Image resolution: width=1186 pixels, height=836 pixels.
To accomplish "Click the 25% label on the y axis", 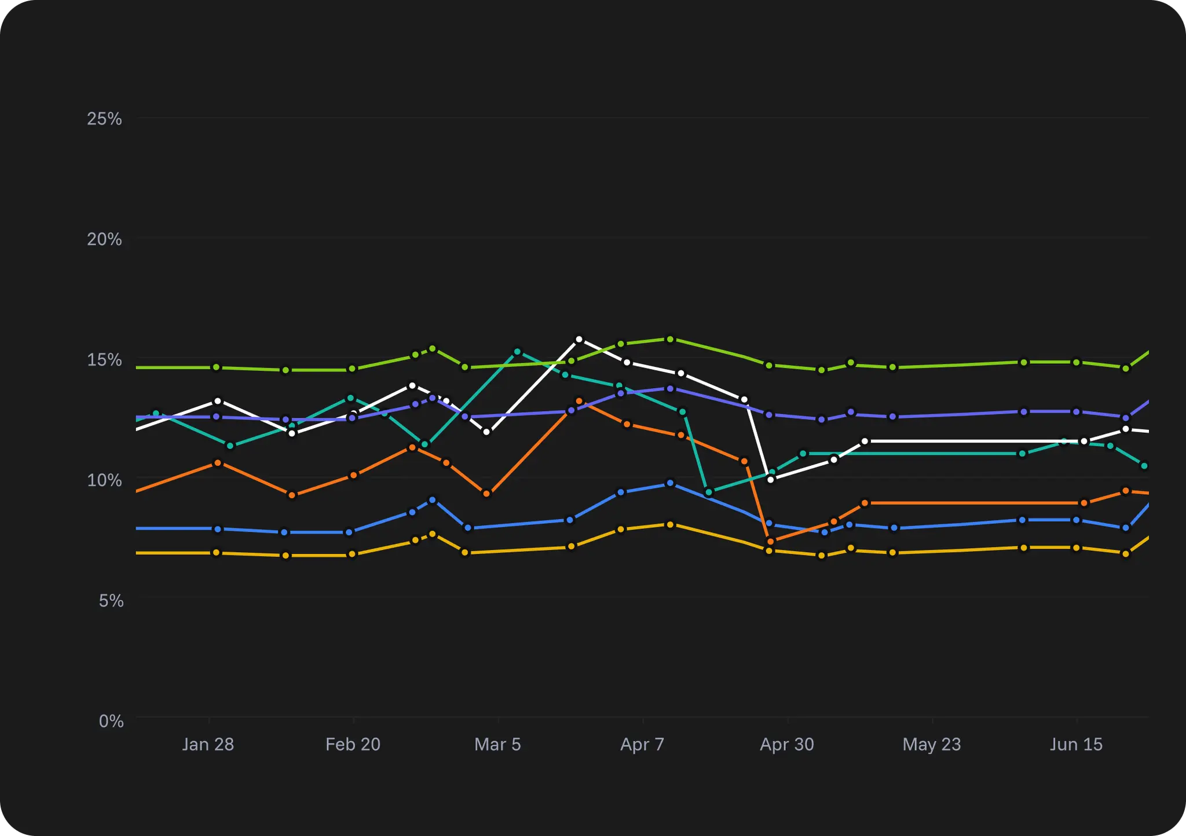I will point(104,119).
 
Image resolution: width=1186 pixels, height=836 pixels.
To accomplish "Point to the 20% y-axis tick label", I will point(104,239).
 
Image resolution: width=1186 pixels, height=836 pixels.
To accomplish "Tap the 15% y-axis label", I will point(104,360).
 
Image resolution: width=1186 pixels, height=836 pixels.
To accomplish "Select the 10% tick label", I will point(104,480).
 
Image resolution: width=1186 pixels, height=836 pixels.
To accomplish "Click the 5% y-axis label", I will point(111,601).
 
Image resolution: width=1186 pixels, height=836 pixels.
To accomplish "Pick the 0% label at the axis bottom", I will point(111,721).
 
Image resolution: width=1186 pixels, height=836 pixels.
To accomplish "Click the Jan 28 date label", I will point(208,744).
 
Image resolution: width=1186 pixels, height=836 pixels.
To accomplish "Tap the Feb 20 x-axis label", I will point(353,744).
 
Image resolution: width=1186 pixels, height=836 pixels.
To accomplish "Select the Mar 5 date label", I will point(497,744).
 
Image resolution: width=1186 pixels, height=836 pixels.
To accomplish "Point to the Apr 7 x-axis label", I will point(642,744).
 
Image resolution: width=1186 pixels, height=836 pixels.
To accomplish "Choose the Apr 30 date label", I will point(786,744).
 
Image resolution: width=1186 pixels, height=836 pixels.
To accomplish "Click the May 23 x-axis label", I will point(931,744).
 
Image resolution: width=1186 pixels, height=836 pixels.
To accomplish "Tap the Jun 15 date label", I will point(1076,744).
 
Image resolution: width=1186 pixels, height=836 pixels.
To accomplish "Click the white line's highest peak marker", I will point(579,339).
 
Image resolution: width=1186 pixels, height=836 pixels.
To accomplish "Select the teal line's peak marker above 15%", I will point(518,352).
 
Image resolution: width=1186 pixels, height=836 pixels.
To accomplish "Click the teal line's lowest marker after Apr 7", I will point(708,492).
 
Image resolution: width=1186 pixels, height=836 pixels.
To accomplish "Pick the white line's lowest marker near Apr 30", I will point(770,479).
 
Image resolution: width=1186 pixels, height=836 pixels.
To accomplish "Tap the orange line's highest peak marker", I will point(579,401).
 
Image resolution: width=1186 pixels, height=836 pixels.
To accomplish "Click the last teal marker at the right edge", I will point(1144,466).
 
